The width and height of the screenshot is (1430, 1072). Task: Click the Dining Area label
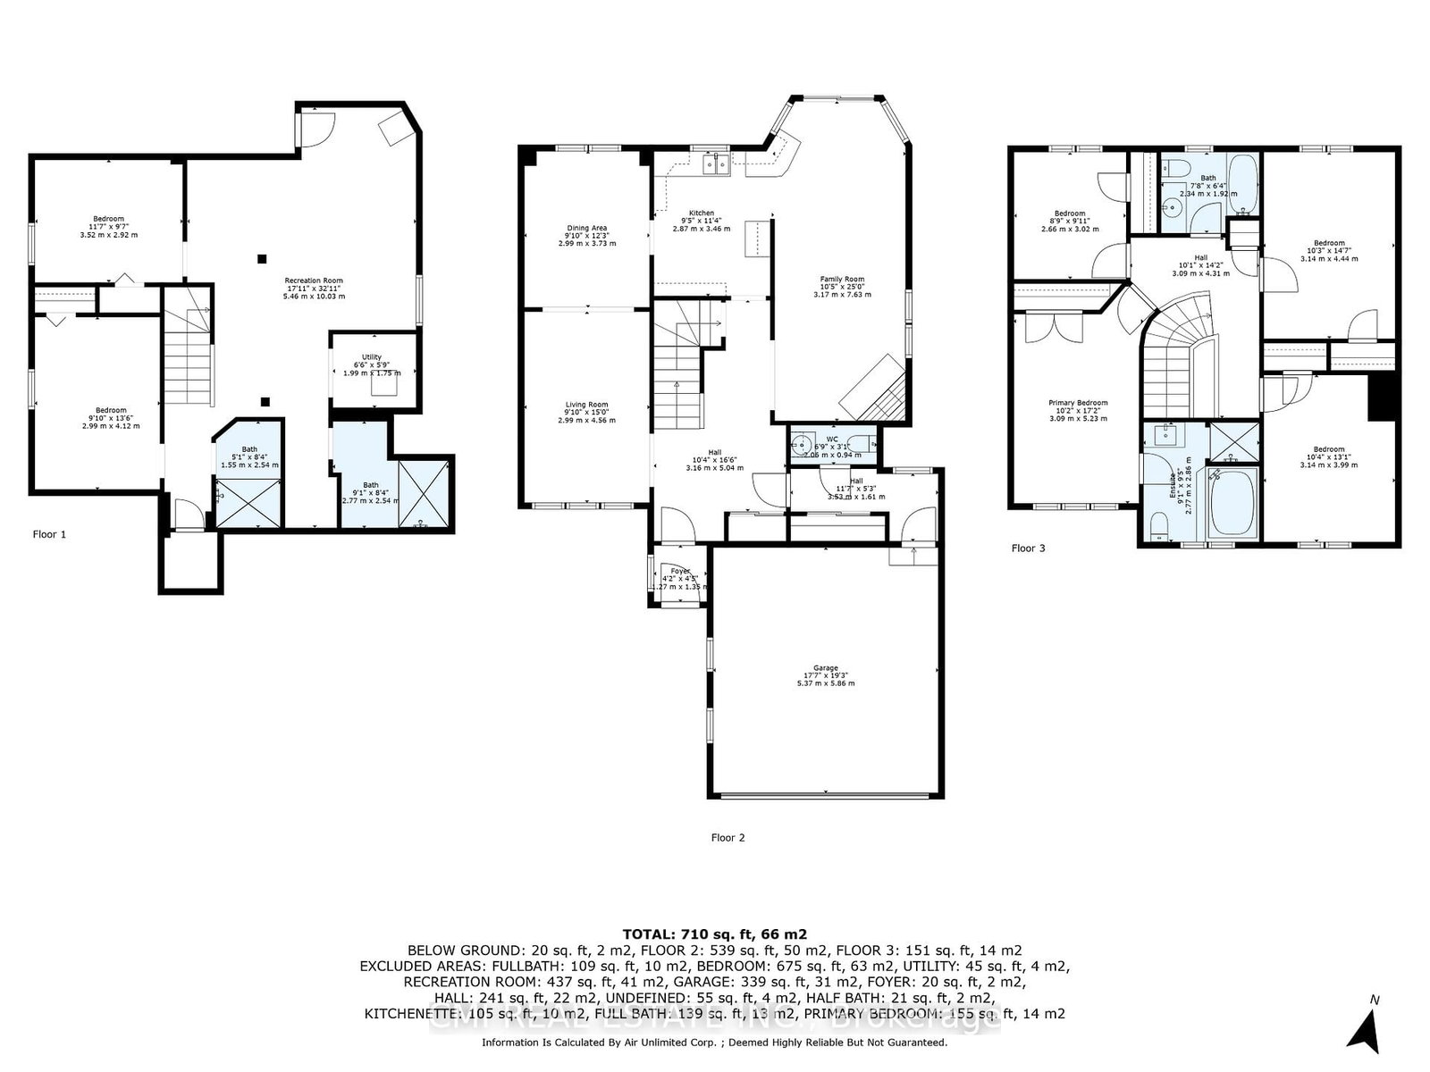click(x=587, y=228)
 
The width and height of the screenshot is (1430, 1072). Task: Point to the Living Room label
click(x=586, y=405)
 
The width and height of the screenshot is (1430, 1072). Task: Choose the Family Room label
click(x=842, y=279)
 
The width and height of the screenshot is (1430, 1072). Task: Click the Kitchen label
click(x=701, y=214)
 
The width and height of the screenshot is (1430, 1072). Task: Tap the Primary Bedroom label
click(x=1078, y=403)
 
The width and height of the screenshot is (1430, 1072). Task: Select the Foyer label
click(x=680, y=571)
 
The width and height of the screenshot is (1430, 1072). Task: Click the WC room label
click(x=832, y=439)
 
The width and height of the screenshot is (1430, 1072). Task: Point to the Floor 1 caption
click(x=49, y=534)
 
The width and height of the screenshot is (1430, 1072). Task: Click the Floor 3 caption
click(x=1028, y=548)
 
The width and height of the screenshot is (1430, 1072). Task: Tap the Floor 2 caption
click(x=728, y=837)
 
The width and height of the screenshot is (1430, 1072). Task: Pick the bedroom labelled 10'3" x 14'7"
click(x=1329, y=243)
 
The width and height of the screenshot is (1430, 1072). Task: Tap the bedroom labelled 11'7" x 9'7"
click(x=109, y=219)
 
